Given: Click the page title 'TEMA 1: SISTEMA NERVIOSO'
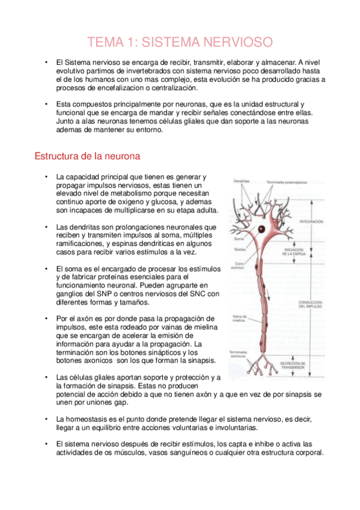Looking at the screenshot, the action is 180,41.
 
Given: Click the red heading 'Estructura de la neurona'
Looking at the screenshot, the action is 88,156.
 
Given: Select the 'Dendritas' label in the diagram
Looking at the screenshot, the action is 242,181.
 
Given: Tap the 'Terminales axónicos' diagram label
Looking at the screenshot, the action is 240,355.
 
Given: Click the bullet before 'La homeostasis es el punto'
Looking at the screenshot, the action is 46,419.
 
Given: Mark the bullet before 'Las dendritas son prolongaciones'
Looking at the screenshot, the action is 46,227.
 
